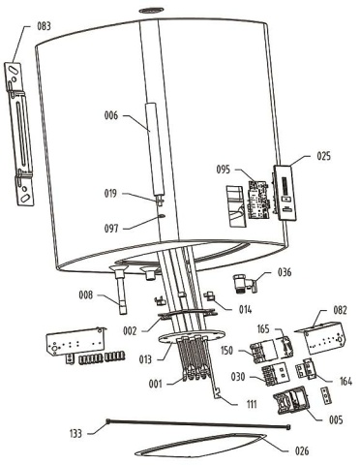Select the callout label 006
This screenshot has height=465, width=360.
point(113,115)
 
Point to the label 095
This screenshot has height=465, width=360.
point(225,169)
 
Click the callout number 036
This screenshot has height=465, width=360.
point(285,273)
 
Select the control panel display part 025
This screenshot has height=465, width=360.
point(287,193)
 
